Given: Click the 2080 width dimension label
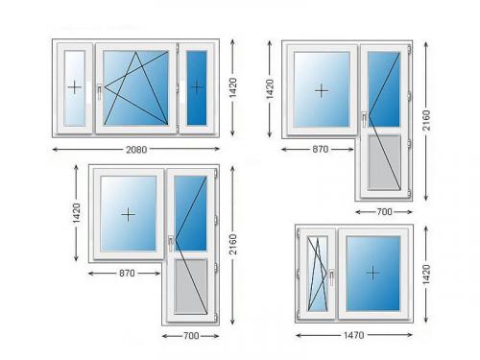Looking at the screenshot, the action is tap(136, 150).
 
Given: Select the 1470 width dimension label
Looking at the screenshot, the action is tap(354, 335).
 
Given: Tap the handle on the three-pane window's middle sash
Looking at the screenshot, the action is tap(100, 91).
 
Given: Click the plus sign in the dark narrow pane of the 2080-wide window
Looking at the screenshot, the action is tap(197, 86).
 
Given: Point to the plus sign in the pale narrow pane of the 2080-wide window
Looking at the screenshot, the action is tap(75, 87).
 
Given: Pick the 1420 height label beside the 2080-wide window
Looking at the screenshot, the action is tap(233, 87).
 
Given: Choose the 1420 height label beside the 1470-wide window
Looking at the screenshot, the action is tap(425, 275).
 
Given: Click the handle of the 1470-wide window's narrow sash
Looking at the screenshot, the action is tap(332, 276).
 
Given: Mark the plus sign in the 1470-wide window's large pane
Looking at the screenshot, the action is tap(372, 273).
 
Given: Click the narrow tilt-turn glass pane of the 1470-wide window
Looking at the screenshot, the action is tap(318, 274).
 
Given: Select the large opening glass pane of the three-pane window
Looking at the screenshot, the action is tap(136, 87).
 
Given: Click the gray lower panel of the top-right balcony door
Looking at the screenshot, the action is tap(384, 162).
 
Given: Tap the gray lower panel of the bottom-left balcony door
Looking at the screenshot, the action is tap(191, 286).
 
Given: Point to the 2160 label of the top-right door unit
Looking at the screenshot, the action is tap(426, 120).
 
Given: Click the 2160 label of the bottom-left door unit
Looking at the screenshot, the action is tap(233, 245).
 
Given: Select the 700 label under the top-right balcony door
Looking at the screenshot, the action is tap(384, 211).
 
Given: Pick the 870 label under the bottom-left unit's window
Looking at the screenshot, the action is tap(127, 274).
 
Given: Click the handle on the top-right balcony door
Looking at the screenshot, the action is tap(364, 120).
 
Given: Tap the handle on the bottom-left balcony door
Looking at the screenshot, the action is tap(171, 244).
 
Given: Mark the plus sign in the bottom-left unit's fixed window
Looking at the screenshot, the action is tap(128, 215).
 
